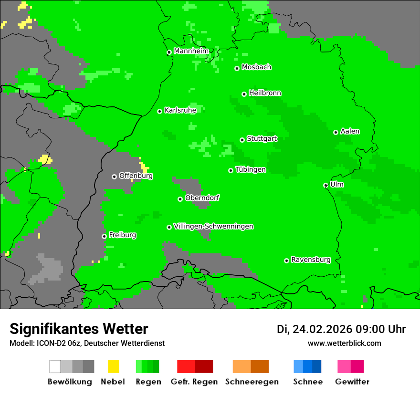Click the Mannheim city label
coord(191,51)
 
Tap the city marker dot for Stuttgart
coord(242,140)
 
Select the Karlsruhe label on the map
coord(180,110)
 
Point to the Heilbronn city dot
coord(244,94)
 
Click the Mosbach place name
coord(256,67)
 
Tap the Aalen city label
coord(350,131)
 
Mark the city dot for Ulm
coord(326,185)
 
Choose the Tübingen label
coord(251,170)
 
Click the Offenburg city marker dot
coord(114,177)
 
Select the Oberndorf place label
coord(202,198)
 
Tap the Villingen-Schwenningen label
coord(213,227)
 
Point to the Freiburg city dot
coord(104,236)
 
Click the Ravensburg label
coord(311,260)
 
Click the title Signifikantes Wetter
coord(79,329)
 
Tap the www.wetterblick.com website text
coord(344,344)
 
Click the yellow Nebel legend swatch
coord(114,366)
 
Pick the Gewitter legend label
coord(352,382)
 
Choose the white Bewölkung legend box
coord(55,366)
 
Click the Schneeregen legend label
coord(252,382)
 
